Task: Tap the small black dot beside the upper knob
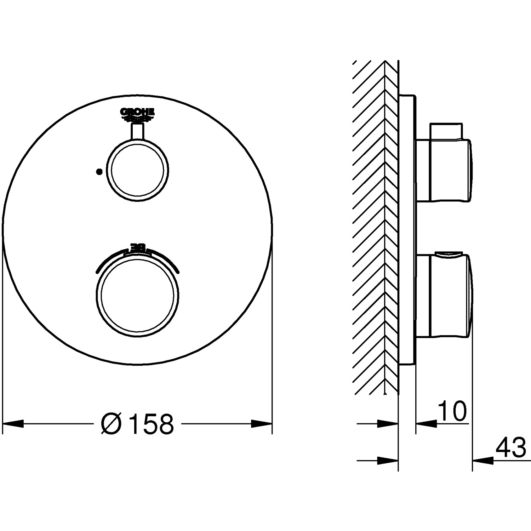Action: point(99,171)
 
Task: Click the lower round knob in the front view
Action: point(137,295)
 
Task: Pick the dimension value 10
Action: point(452,411)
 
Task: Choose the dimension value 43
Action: point(510,449)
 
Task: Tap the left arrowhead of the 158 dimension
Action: point(13,423)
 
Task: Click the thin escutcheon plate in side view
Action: point(407,230)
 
